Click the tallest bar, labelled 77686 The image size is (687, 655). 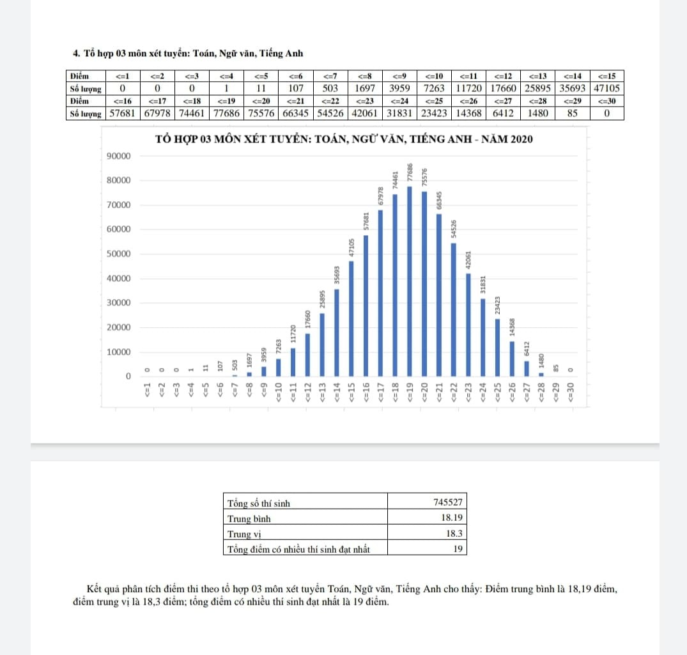409,281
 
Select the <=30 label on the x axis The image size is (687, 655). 571,392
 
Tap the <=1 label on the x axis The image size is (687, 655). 147,391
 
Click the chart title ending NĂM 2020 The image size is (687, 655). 344,140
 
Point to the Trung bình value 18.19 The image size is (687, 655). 454,518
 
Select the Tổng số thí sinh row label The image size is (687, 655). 259,503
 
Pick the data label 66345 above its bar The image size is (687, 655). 439,201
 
